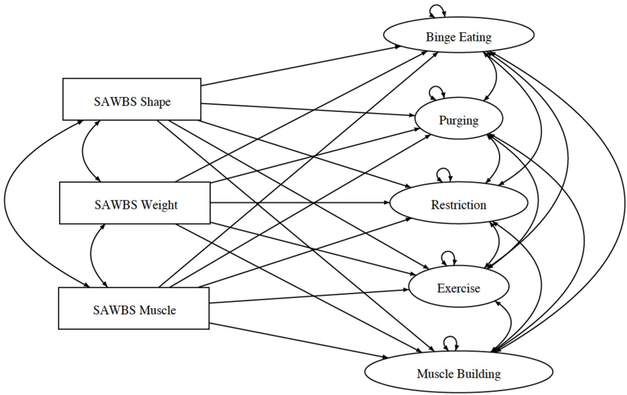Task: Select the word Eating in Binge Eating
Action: [476, 37]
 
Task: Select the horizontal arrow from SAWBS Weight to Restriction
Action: [298, 203]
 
